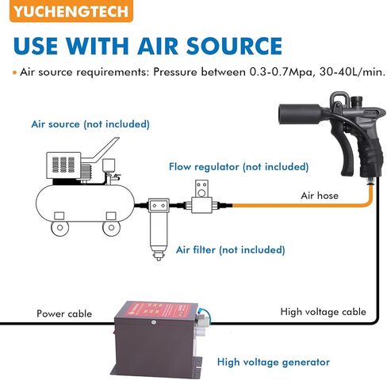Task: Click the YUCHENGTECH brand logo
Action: click(x=71, y=10)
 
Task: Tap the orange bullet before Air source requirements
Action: click(x=15, y=73)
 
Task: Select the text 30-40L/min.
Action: click(x=352, y=72)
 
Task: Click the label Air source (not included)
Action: click(x=90, y=124)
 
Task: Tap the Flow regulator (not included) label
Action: click(x=239, y=167)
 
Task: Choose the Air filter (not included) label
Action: click(x=231, y=249)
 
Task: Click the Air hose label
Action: click(x=320, y=196)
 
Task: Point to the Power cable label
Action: click(x=64, y=313)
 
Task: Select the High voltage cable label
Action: click(x=324, y=312)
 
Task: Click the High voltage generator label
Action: click(x=274, y=362)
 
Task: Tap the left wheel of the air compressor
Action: click(x=59, y=228)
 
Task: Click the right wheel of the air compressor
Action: click(x=111, y=228)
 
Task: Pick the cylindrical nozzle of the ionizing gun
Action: click(x=301, y=113)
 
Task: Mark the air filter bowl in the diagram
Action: click(x=159, y=232)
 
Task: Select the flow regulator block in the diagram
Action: click(x=201, y=205)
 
